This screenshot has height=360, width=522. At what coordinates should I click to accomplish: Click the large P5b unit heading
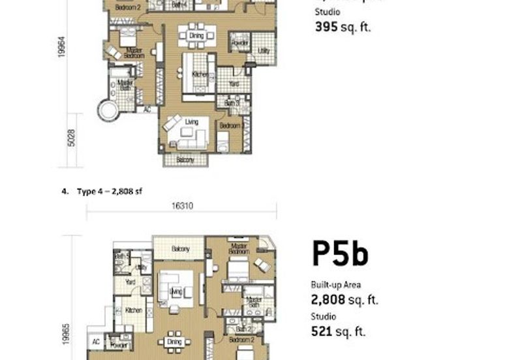tap(340, 254)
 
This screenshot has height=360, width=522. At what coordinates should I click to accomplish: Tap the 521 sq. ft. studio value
tap(338, 331)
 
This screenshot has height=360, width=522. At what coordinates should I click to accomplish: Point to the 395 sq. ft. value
tap(343, 27)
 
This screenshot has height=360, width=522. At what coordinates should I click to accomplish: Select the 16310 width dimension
tap(182, 205)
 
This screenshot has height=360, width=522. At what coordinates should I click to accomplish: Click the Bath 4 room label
tap(179, 5)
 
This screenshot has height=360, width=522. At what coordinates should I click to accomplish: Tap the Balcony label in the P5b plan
tap(180, 249)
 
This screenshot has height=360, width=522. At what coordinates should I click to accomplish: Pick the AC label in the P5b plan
tap(95, 342)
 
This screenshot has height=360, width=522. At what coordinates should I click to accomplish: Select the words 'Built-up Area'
tap(335, 285)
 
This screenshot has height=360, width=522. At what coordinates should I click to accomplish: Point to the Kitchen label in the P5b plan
tap(134, 310)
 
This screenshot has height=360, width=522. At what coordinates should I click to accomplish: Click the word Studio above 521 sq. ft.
tap(324, 316)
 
